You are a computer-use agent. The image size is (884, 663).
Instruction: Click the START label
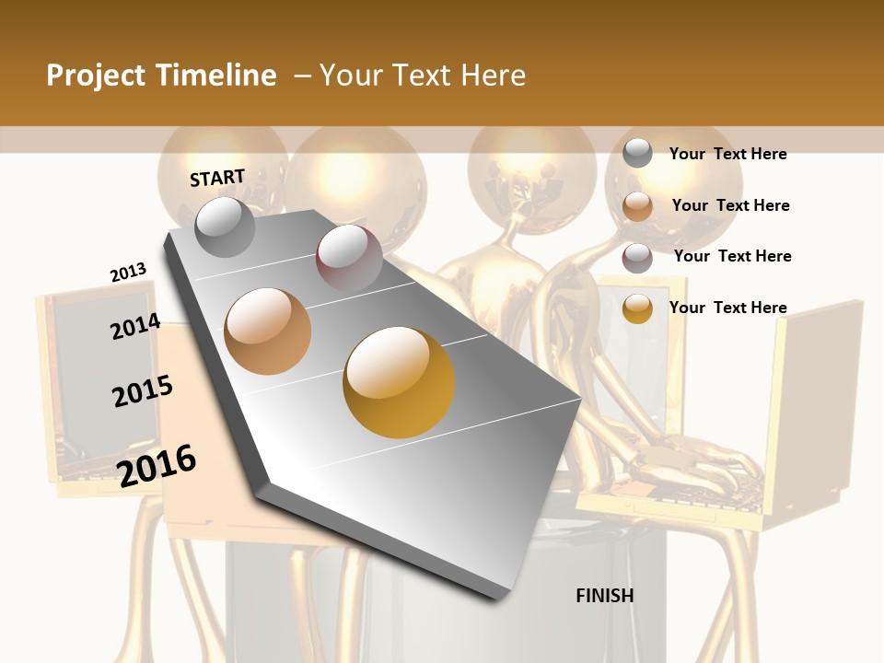pos(217,178)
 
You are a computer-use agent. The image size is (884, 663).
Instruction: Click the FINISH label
pos(605,596)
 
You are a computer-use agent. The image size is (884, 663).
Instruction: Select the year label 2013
pos(129,273)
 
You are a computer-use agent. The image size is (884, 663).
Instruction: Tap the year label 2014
pos(136,327)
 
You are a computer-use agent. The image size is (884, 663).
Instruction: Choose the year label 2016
pos(157,465)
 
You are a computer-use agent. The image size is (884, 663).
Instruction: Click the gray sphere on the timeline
pos(225,227)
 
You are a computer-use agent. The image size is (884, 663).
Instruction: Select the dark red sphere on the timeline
pos(349,258)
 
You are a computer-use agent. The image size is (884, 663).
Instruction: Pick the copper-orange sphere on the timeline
pos(268,331)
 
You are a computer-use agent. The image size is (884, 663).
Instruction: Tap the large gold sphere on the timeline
pos(399,382)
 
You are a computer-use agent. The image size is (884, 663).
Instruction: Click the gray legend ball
pos(637,154)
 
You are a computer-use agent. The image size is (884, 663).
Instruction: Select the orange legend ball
pos(637,206)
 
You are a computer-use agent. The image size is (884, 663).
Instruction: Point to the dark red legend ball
pos(637,257)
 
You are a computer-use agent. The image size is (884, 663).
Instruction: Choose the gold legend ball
pos(637,308)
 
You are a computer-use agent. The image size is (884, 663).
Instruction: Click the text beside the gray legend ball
pos(727,154)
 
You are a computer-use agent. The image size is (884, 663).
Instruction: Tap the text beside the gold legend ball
pos(727,308)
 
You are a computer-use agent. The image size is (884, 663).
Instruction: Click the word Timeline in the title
pos(217,76)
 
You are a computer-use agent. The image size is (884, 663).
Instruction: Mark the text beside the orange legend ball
pos(730,205)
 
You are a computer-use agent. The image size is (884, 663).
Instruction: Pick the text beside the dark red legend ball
pos(732,256)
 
